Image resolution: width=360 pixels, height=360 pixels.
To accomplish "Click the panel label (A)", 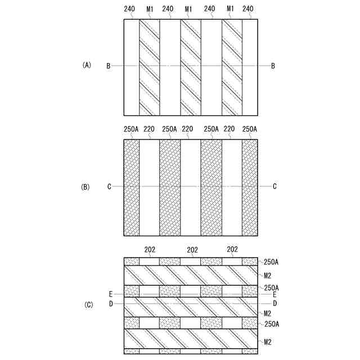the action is (87, 66).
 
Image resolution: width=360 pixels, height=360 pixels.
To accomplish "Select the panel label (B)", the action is (87, 186).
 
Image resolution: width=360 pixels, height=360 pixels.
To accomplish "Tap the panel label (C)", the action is (88, 305).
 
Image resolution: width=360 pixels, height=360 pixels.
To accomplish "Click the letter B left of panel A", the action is (108, 66).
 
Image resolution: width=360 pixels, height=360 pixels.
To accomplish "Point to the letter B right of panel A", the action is (273, 66).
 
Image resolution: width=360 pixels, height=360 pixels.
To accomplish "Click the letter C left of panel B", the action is (109, 186).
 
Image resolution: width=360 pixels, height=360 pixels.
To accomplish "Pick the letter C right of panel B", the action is (274, 186).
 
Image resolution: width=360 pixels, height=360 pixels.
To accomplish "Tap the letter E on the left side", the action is (111, 294).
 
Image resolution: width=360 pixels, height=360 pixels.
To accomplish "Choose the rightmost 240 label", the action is (250, 9).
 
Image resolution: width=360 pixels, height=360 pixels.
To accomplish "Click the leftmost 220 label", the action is (149, 129).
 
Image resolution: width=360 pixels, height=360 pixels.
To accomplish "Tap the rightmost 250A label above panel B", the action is (250, 129).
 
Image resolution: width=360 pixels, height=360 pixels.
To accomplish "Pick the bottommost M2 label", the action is (268, 341).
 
